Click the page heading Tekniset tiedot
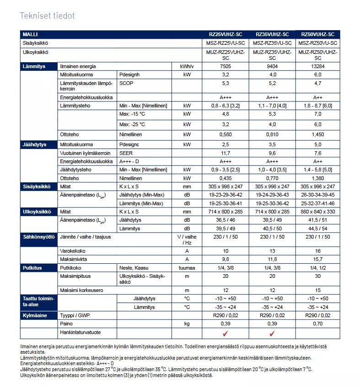47,16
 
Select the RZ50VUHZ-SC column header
317,34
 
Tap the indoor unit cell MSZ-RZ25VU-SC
225,43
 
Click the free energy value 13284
317,66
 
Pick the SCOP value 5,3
225,83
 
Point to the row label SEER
126,153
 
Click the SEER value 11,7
225,153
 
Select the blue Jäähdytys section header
38,144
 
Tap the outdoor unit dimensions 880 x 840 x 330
317,212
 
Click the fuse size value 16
317,251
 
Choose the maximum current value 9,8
225,259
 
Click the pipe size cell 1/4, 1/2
317,268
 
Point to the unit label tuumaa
187,268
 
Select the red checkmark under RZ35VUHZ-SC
272,333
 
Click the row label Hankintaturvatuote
80,332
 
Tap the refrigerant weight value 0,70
317,324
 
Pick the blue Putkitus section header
38,268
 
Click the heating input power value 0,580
225,134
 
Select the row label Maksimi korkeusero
81,290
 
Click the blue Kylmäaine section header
38,315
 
